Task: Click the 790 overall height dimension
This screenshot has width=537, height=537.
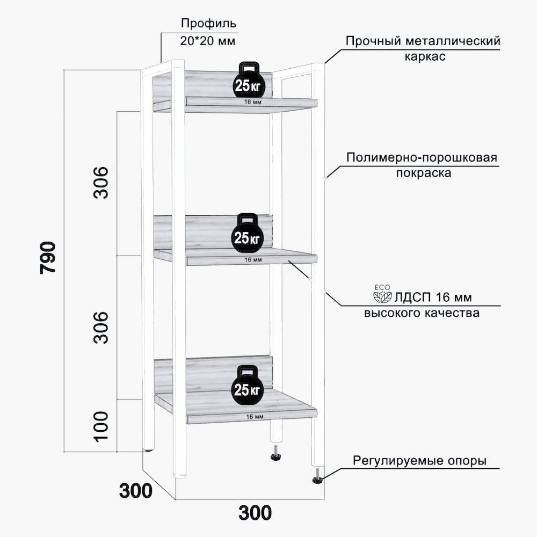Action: [x=48, y=258]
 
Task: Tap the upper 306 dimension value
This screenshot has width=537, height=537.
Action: [x=101, y=183]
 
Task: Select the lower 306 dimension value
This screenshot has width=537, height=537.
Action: [x=101, y=327]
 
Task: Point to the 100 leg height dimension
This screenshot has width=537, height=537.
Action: [x=101, y=427]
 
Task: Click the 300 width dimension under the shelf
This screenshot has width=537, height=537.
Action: [x=255, y=513]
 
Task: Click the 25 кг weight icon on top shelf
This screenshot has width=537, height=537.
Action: [x=248, y=79]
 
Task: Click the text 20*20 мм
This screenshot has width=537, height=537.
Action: [x=208, y=41]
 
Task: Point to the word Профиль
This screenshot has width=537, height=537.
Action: [x=208, y=24]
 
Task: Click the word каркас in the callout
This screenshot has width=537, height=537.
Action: [x=425, y=56]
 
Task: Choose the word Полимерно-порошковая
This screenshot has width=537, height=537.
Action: [x=422, y=158]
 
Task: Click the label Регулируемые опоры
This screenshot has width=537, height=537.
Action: [x=419, y=461]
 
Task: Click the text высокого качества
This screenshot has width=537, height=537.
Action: [x=422, y=313]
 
